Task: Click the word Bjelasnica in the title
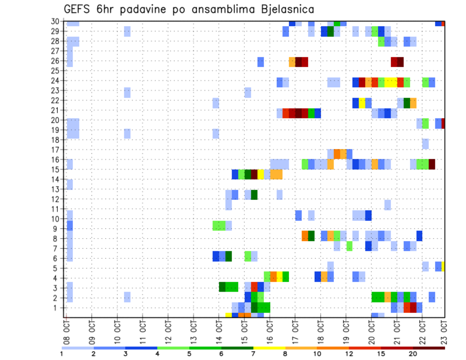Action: pos(282,9)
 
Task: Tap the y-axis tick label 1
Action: pos(59,308)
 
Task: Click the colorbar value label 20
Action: pos(413,354)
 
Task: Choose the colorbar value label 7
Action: pos(253,354)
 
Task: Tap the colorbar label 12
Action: pos(349,354)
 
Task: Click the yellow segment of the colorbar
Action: pos(269,348)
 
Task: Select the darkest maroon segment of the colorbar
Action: pos(429,348)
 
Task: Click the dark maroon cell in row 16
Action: pos(432,164)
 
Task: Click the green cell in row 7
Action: pos(349,246)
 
